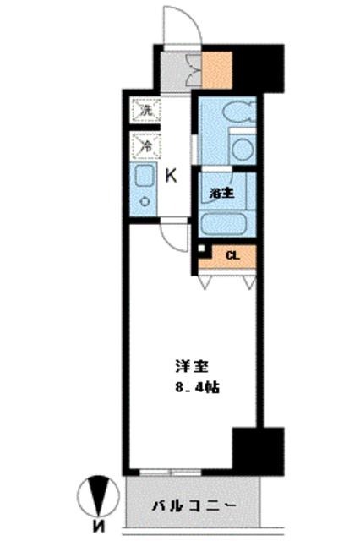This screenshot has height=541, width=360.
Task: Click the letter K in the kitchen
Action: point(170,175)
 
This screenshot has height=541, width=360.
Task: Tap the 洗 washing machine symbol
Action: point(145,110)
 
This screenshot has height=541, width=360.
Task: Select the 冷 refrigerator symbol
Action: point(145,145)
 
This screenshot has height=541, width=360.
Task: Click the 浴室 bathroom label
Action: point(222,191)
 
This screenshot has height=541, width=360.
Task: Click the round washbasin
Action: point(243,150)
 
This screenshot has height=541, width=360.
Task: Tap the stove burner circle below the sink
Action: point(145,201)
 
